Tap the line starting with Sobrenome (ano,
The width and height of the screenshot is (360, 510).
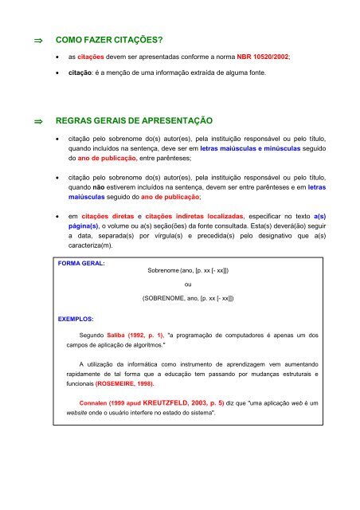coord(188,271)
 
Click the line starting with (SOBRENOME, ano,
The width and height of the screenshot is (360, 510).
coord(188,298)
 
